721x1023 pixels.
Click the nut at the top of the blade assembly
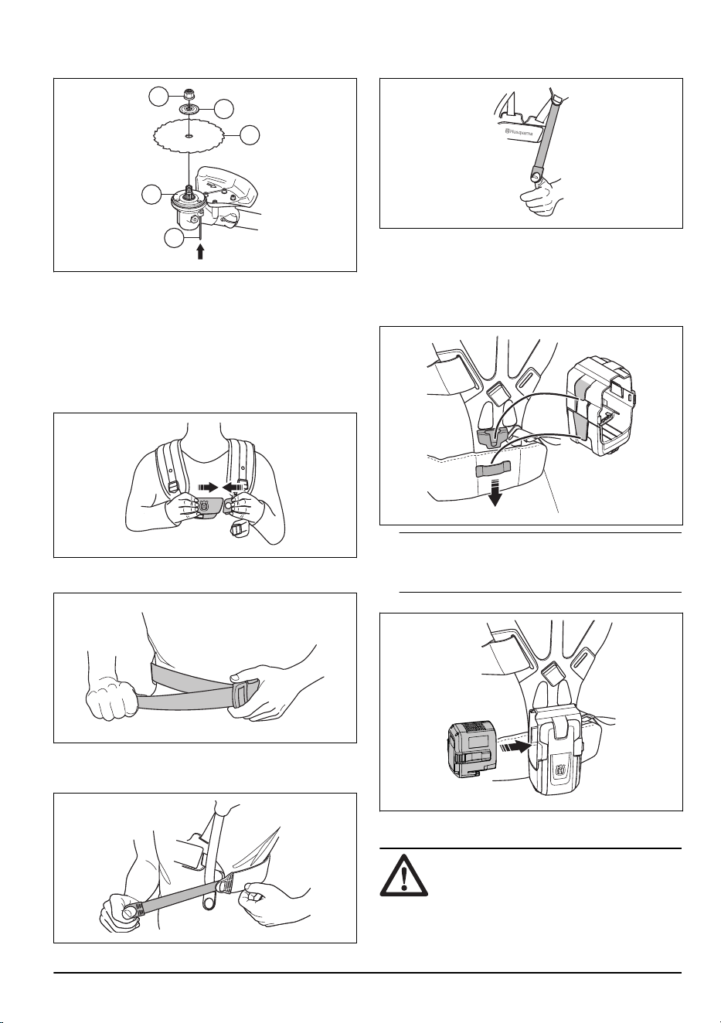[x=189, y=94]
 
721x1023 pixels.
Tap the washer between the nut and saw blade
[x=189, y=109]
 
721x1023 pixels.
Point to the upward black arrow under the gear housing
[x=199, y=252]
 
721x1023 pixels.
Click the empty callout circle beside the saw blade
[x=250, y=135]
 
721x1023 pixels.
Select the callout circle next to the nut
[x=158, y=97]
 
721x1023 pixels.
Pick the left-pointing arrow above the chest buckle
[x=234, y=487]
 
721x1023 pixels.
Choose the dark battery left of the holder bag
[x=471, y=749]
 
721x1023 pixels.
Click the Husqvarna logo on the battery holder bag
[x=559, y=772]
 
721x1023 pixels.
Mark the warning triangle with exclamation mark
[x=403, y=874]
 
